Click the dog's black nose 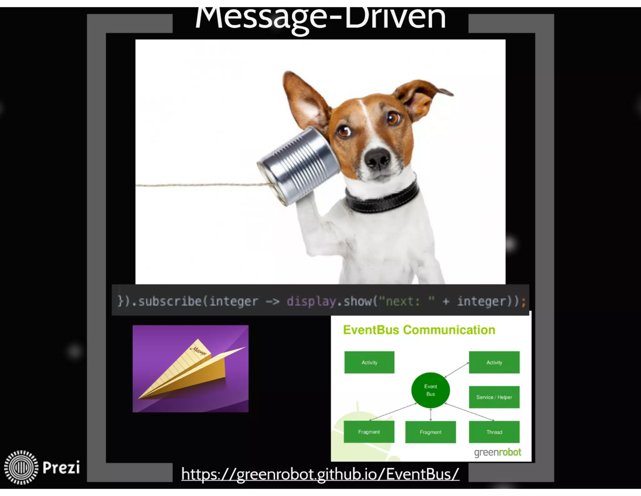pyautogui.click(x=377, y=158)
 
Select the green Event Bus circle pyautogui.click(x=430, y=390)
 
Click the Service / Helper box pyautogui.click(x=494, y=397)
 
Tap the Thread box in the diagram pyautogui.click(x=494, y=432)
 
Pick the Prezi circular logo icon pyautogui.click(x=21, y=467)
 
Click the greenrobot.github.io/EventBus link pyautogui.click(x=320, y=474)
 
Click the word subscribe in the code pyautogui.click(x=170, y=301)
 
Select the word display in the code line pyautogui.click(x=311, y=301)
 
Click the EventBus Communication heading pyautogui.click(x=419, y=330)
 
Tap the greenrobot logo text pyautogui.click(x=497, y=452)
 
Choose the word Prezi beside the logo pyautogui.click(x=61, y=467)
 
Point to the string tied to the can pyautogui.click(x=200, y=185)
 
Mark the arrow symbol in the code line pyautogui.click(x=272, y=302)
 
